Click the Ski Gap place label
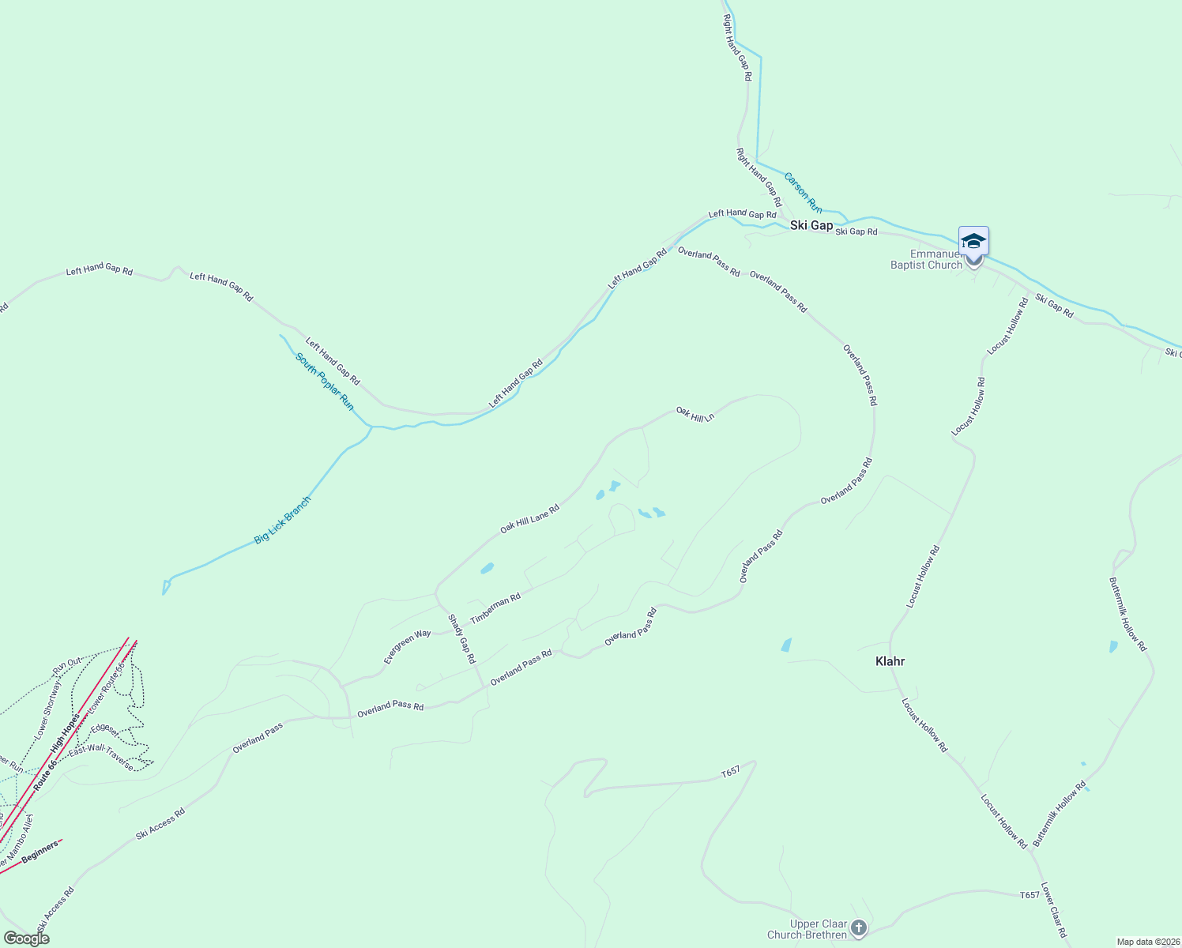(x=811, y=225)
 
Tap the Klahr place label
(x=890, y=661)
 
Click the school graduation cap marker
(x=973, y=241)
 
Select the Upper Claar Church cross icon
(x=859, y=928)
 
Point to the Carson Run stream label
(x=803, y=193)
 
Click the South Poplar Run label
(x=325, y=382)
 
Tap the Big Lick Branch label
(x=283, y=520)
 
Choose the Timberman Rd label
(x=495, y=608)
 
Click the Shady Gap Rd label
(x=462, y=638)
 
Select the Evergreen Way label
(x=408, y=646)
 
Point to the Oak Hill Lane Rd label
(x=529, y=519)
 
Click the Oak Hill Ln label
(x=695, y=414)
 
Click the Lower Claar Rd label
(x=1054, y=909)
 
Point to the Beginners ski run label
(x=40, y=852)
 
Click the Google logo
(x=26, y=939)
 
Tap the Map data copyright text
(x=1147, y=942)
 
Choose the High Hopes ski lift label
(x=66, y=734)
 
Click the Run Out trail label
(x=67, y=666)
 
